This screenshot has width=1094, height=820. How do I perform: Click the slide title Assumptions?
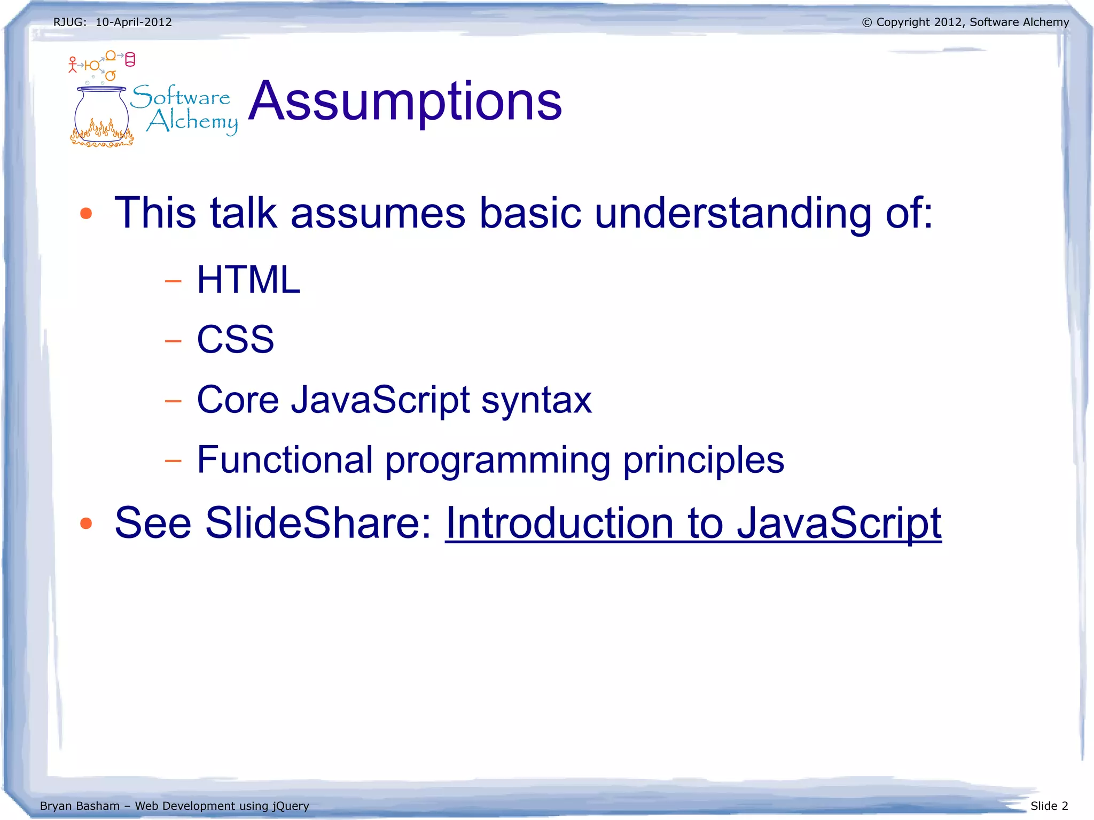[405, 101]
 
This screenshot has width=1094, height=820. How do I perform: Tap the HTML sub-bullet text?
[248, 280]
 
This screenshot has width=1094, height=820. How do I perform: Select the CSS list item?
[235, 340]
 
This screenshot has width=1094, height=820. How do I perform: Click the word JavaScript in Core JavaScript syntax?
[380, 400]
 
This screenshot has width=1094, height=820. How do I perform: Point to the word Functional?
[285, 460]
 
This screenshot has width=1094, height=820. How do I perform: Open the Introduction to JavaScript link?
[693, 523]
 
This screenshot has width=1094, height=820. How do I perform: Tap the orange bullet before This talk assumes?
[86, 214]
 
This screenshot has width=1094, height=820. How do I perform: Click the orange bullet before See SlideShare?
[86, 524]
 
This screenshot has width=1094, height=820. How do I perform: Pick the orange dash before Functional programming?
[173, 460]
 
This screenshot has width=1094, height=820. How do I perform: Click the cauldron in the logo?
[101, 115]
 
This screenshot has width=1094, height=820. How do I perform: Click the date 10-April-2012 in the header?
[134, 22]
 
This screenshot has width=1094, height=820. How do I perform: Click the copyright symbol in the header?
[867, 22]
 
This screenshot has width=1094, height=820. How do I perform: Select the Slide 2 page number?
[1049, 806]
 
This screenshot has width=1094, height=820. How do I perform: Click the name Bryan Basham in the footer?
[80, 806]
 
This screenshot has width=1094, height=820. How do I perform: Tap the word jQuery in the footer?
[291, 806]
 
